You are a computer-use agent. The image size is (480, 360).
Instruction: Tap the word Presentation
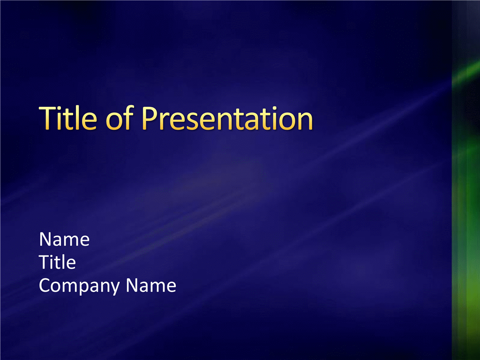tap(227, 119)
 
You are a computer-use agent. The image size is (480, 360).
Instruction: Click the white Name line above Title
tap(64, 239)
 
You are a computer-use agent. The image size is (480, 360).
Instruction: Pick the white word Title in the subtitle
tap(57, 262)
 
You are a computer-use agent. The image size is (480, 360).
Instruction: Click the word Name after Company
tap(151, 285)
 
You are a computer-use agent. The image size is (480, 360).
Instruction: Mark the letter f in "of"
tap(129, 118)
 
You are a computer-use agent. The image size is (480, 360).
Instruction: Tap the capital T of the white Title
tap(44, 262)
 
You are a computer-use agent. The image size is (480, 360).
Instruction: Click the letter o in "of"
tap(114, 121)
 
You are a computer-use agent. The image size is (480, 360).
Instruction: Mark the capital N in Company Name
tap(132, 285)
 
